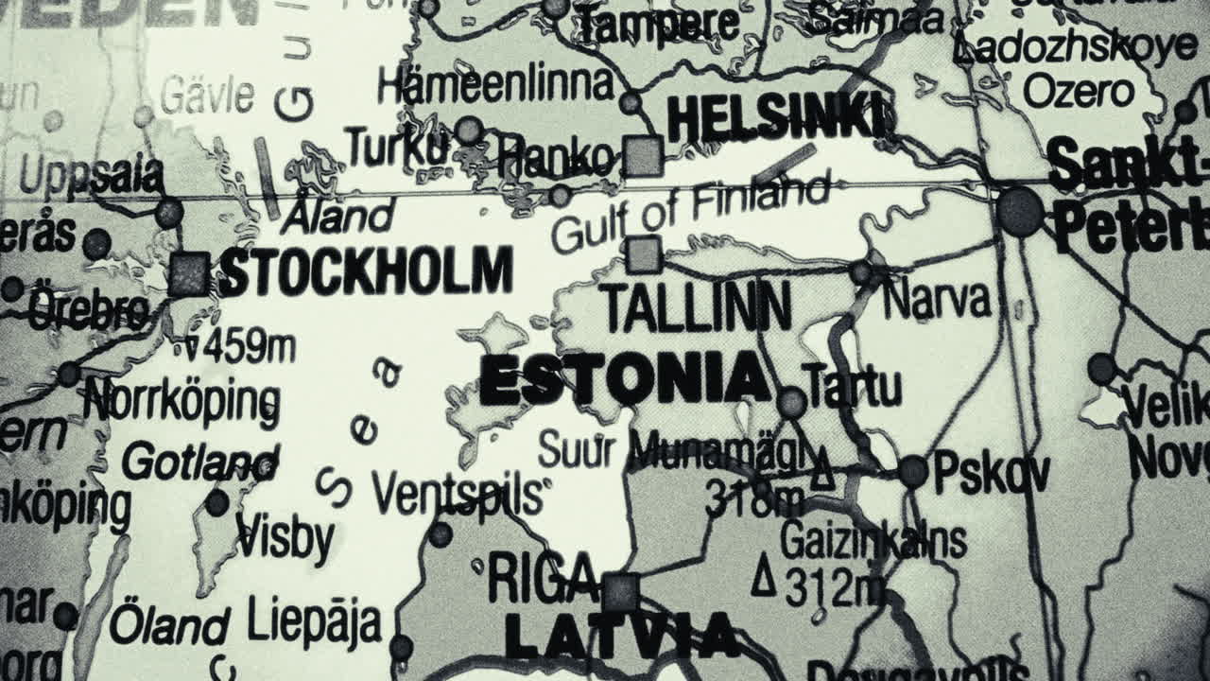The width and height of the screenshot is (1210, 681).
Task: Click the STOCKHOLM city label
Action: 366,271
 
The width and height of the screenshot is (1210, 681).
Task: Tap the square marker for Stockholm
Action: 189,273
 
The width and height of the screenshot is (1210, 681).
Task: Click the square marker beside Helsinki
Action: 643,156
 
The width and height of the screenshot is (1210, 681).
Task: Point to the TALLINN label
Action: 697,306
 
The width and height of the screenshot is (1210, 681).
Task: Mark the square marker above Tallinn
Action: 644,254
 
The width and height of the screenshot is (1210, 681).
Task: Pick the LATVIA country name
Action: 621,635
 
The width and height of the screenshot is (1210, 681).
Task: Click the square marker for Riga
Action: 620,592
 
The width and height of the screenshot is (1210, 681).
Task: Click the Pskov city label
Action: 991,473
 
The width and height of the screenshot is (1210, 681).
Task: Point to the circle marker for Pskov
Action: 912,471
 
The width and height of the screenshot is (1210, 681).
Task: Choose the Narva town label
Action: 936,300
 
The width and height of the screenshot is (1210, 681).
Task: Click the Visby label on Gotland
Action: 285,538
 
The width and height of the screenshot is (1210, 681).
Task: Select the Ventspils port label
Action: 458,493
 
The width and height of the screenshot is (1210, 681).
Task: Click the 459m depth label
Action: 240,347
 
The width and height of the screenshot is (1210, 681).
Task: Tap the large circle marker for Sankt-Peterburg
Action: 1020,211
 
